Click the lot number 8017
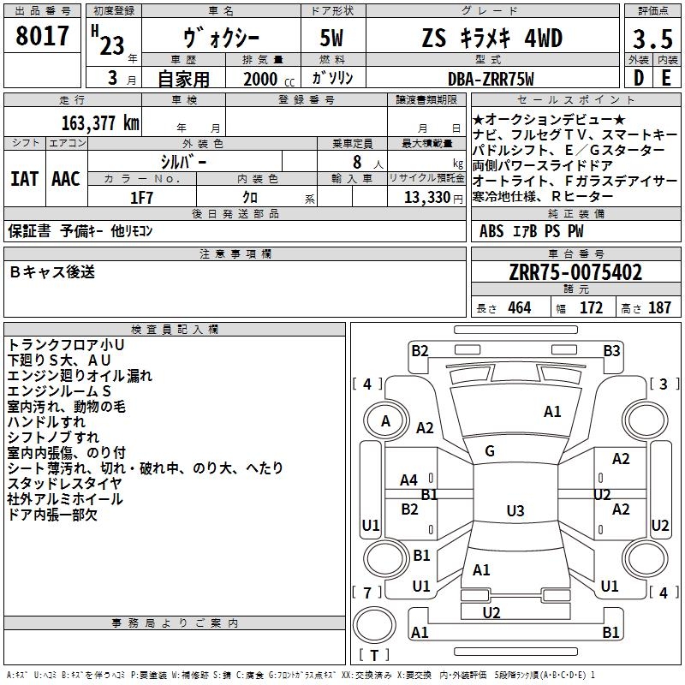tap(42, 36)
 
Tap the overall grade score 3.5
tap(652, 39)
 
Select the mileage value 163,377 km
tap(100, 123)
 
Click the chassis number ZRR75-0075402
tap(575, 272)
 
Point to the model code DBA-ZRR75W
tap(491, 79)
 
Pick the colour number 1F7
tap(141, 198)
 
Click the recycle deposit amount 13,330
tap(427, 198)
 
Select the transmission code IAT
tap(25, 179)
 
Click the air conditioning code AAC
tap(66, 179)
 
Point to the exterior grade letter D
tap(639, 78)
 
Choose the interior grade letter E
tap(666, 78)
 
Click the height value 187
tap(659, 307)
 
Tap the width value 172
tap(591, 307)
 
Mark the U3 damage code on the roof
tap(515, 510)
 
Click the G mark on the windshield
tap(490, 451)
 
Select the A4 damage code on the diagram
tap(409, 480)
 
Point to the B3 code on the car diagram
tap(611, 351)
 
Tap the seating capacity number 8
tap(357, 162)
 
